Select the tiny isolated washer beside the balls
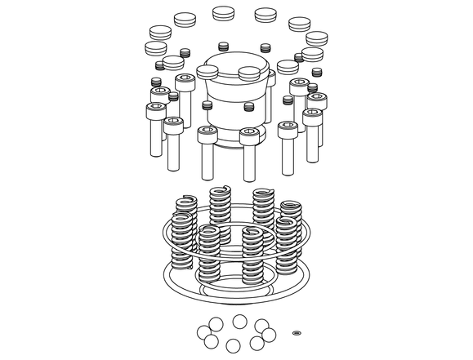[x=297, y=332]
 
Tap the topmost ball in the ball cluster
[x=240, y=320]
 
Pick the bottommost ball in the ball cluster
[x=234, y=344]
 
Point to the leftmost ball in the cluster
[x=203, y=331]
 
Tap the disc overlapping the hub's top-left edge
[x=207, y=72]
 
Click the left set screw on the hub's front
[x=208, y=107]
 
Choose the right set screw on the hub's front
[x=249, y=106]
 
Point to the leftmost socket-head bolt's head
[x=154, y=109]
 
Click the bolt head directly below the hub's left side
[x=207, y=132]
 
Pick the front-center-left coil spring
[x=210, y=257]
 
